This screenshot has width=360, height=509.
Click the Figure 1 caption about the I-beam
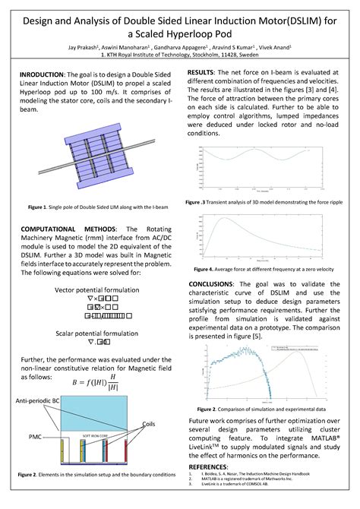click(89, 206)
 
